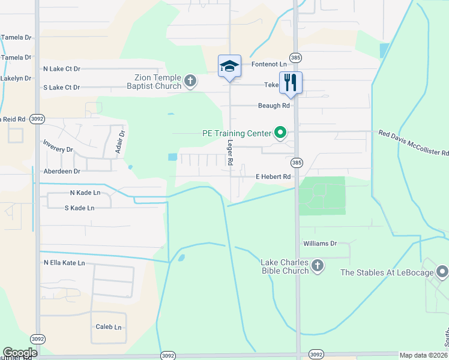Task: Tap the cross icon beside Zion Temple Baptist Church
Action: coord(190,81)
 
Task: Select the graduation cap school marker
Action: coord(229,65)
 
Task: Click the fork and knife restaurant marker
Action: coord(291,83)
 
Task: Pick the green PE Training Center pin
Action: coord(280,132)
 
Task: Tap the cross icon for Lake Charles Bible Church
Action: coord(318,266)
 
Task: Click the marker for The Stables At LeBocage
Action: coord(442,272)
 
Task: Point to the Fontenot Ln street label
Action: coord(269,64)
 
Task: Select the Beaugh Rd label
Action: coord(274,106)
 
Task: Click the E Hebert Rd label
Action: coord(273,177)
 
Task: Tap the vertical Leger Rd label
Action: coord(229,153)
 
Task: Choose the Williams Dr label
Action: coord(320,244)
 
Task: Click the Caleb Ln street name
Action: coord(109,327)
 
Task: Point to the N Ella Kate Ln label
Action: coord(64,263)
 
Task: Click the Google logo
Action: coord(20,353)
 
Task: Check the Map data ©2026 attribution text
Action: coord(423,355)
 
